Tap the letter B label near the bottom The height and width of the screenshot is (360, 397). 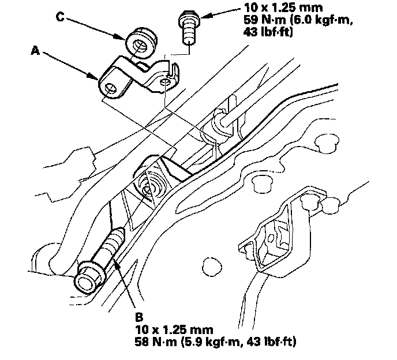tap(138, 317)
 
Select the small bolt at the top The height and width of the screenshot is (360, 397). tap(186, 26)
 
